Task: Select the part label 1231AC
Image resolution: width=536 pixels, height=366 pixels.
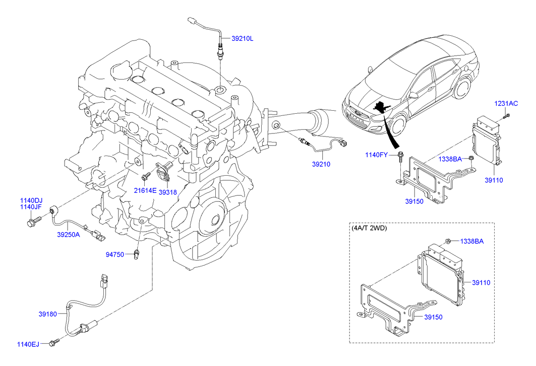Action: (506, 104)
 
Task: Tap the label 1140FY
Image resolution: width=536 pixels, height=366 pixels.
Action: (377, 155)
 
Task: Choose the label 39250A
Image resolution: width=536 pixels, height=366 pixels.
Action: (68, 234)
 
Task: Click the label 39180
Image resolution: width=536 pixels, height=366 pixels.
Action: (49, 314)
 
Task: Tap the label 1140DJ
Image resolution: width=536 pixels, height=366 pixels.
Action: (31, 200)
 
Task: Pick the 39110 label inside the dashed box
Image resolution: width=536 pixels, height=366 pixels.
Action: (481, 283)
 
